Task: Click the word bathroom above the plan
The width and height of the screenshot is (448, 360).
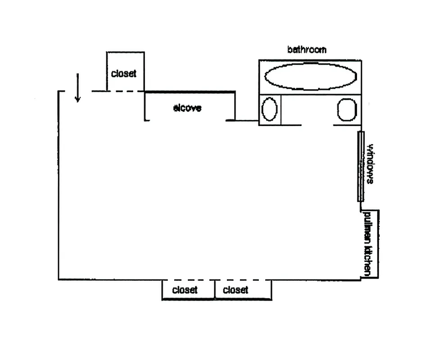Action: pyautogui.click(x=307, y=49)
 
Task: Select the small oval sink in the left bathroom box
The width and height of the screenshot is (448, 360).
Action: pyautogui.click(x=269, y=109)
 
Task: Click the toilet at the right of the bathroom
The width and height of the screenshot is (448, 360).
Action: pyautogui.click(x=346, y=109)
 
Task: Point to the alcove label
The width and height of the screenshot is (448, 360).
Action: pyautogui.click(x=187, y=108)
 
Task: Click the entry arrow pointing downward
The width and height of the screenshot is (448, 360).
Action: pyautogui.click(x=78, y=88)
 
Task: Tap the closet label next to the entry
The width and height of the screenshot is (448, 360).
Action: pyautogui.click(x=123, y=73)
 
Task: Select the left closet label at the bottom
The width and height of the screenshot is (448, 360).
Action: pyautogui.click(x=185, y=290)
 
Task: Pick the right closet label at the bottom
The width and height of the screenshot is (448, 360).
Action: pyautogui.click(x=235, y=290)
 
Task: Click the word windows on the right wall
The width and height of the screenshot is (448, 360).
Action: pyautogui.click(x=370, y=164)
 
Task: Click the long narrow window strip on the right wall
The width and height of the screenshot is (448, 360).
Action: pyautogui.click(x=360, y=166)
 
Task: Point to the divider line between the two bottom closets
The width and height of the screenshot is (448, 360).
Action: pyautogui.click(x=215, y=290)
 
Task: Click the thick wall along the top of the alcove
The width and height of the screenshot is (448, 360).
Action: pyautogui.click(x=190, y=92)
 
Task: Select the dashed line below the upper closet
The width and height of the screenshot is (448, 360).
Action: pyautogui.click(x=125, y=91)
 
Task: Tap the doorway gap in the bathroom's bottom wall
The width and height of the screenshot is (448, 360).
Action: pyautogui.click(x=317, y=125)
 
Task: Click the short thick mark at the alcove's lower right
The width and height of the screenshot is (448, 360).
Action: pyautogui.click(x=230, y=121)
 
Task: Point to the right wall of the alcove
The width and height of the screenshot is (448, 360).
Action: pyautogui.click(x=235, y=106)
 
